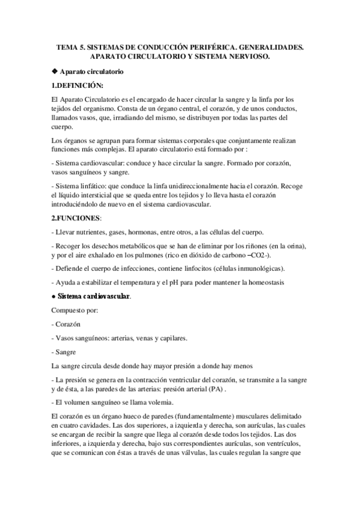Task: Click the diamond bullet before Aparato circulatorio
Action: (55, 72)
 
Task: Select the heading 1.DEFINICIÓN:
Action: (78, 84)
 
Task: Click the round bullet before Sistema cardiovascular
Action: (54, 296)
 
